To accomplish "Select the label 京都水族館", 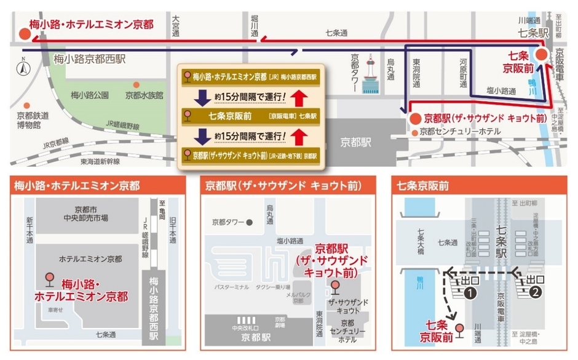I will click(144, 95).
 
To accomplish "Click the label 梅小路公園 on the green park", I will click(90, 95).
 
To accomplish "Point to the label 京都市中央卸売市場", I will click(88, 214).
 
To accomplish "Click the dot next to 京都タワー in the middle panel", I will click(249, 222).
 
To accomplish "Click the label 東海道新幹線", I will click(100, 161).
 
